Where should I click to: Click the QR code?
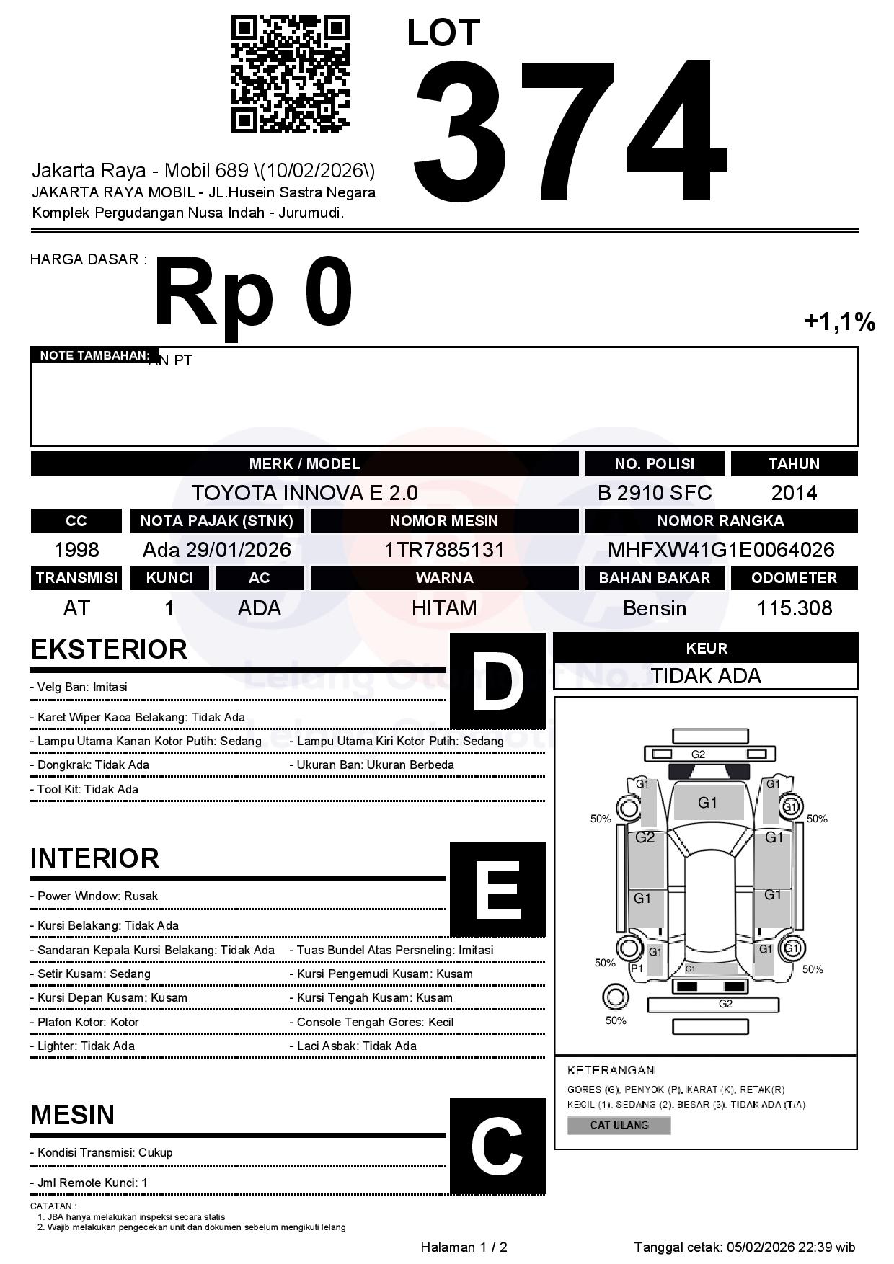pos(290,75)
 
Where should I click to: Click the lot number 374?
pos(570,130)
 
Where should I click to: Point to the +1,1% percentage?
pos(839,321)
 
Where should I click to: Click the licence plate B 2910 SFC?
pos(655,493)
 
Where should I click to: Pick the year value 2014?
pos(794,493)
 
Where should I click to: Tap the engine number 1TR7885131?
pos(444,550)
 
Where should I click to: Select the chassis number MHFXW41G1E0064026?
pos(721,550)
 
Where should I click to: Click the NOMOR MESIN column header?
pos(444,520)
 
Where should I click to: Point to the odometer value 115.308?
pos(794,608)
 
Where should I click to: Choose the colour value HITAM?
pos(444,608)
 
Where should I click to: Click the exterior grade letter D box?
pos(497,680)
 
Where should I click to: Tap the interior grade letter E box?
pos(497,889)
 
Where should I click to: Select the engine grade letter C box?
pos(497,1145)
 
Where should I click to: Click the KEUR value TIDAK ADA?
pos(706,676)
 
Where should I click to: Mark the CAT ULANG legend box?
pos(619,1125)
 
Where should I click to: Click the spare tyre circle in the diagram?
pos(615,997)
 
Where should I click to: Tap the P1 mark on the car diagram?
pos(637,969)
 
